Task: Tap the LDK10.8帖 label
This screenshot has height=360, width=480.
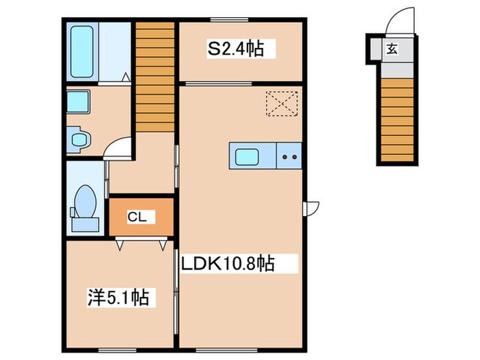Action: (x=228, y=263)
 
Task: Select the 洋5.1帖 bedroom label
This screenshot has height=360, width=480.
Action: (x=119, y=298)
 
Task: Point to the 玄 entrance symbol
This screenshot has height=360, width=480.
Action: (x=390, y=49)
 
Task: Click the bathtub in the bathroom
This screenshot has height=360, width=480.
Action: (x=82, y=51)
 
